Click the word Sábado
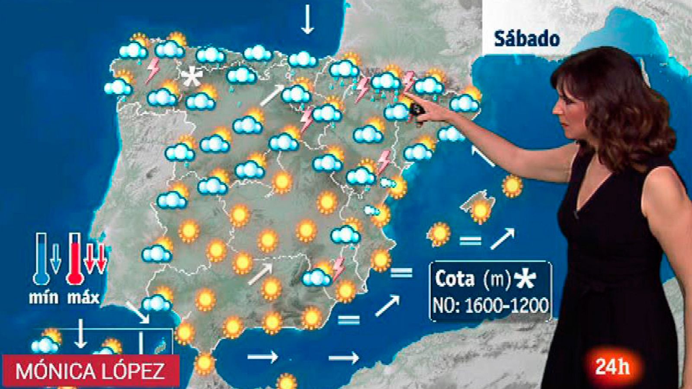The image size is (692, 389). [527, 39]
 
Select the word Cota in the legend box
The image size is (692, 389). [454, 279]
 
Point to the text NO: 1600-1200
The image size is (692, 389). [490, 306]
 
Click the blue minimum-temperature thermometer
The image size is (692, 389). [42, 258]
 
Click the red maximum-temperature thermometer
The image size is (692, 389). [75, 258]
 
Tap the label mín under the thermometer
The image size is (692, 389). [43, 297]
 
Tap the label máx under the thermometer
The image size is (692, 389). [83, 297]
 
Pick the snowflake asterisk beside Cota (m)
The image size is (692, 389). [525, 279]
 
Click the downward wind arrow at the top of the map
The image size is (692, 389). [308, 19]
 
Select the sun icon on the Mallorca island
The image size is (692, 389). [481, 210]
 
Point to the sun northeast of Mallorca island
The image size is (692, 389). [512, 186]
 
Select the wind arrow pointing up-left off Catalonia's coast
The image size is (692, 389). [483, 156]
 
